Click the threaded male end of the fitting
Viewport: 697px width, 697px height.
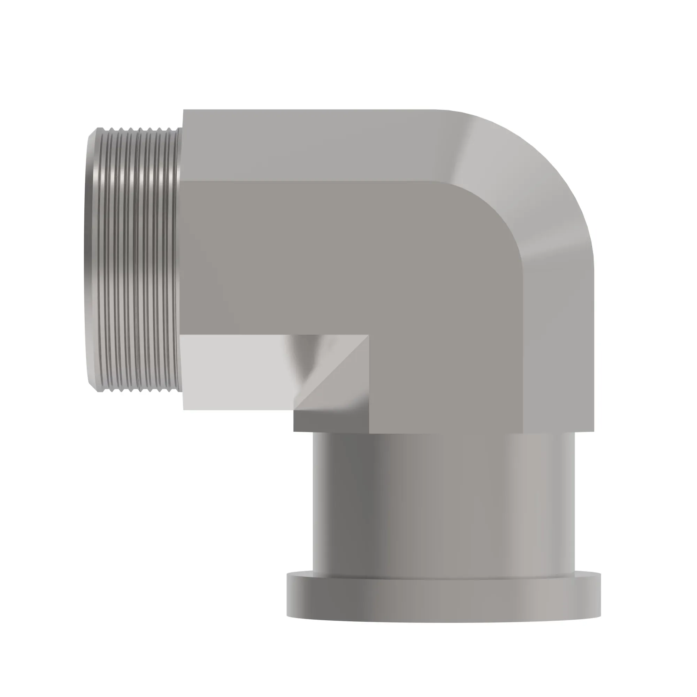[x=133, y=260]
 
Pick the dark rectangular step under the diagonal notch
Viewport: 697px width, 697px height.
[x=330, y=421]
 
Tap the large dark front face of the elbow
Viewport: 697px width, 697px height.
[x=361, y=260]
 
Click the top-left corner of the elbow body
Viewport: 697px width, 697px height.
[x=184, y=110]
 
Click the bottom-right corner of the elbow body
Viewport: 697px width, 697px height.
[x=593, y=431]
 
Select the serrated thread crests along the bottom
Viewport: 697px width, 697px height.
[x=137, y=390]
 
